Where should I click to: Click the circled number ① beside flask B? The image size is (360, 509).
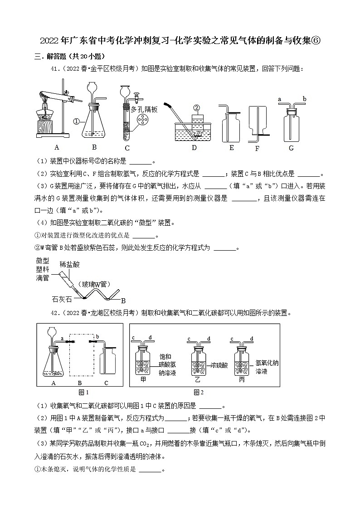pos(77,121)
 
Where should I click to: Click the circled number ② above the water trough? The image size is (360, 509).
pos(196,108)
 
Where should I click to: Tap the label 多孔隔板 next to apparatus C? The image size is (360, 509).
pos(144,109)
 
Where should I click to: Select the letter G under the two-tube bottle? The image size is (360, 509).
pos(291,148)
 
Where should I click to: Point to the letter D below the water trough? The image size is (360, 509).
pos(194,148)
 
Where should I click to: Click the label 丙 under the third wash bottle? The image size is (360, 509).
pos(242,379)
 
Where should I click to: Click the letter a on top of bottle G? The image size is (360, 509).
pos(279,99)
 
